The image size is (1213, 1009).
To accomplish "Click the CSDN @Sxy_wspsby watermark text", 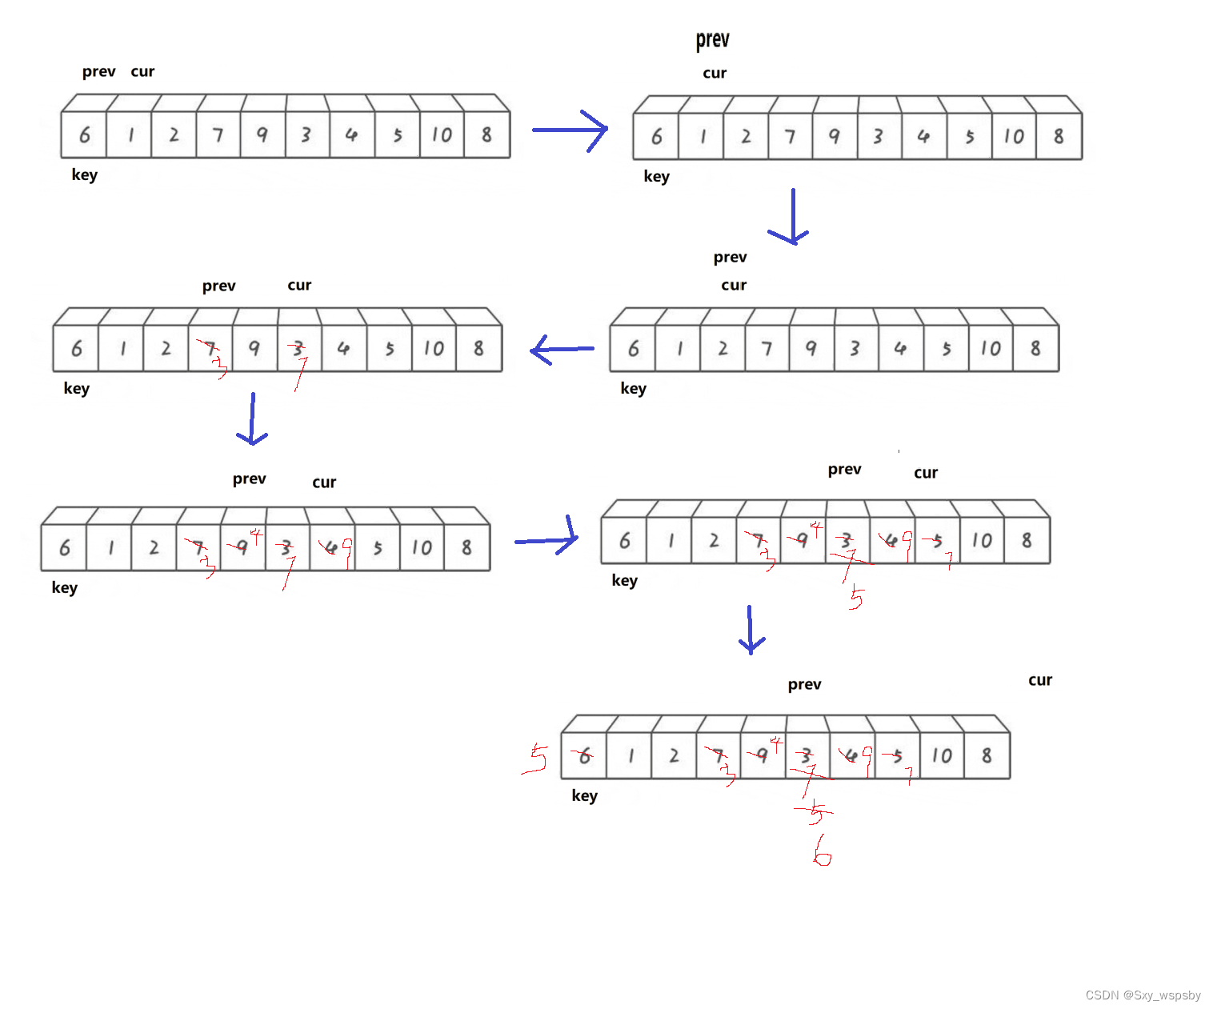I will [1143, 995].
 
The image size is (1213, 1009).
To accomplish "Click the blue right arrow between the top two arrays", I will [570, 130].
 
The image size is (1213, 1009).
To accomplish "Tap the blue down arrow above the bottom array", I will [751, 631].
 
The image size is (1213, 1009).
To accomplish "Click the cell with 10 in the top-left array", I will [442, 135].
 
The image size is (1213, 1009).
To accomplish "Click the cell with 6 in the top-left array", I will [84, 135].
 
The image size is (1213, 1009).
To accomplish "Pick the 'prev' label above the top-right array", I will [712, 39].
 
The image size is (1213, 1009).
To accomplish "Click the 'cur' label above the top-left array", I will [142, 71].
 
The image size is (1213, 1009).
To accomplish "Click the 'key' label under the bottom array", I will [584, 795].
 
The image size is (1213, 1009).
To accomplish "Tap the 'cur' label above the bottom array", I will [1039, 680].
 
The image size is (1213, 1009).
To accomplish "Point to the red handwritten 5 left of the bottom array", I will [536, 758].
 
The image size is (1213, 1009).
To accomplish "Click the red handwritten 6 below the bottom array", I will [822, 851].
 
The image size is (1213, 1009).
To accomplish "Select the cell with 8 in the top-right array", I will [1059, 137].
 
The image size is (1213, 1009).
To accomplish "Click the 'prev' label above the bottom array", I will [804, 684].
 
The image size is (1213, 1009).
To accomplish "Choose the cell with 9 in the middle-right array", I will [811, 349].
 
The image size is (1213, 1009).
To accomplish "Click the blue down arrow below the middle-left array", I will [252, 419].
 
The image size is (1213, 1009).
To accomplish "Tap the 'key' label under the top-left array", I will [84, 174].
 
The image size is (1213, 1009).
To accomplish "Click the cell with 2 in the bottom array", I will [674, 755].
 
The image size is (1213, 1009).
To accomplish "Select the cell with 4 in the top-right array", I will [923, 137].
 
